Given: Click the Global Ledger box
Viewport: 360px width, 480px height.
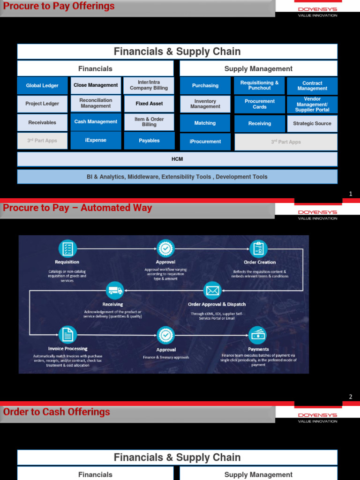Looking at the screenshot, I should pos(42,86).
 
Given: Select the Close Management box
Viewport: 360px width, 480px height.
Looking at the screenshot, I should pos(96,85).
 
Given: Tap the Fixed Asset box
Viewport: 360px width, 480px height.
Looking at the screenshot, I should pos(149,104).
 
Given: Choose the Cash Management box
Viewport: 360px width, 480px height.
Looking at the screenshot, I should pos(96,122).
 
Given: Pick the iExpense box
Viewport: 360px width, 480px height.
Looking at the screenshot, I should pos(96,140).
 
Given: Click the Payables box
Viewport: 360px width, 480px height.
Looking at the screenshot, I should pos(149,141).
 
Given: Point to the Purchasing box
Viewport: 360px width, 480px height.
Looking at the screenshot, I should pos(205,86).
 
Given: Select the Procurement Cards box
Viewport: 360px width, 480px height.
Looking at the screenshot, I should pos(260,104).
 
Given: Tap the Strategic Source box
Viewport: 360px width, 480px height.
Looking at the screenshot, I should pos(312,124).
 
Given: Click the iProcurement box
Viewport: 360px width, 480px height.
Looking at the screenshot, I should pos(205,142).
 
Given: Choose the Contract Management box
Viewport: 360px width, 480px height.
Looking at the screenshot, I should pos(312,86).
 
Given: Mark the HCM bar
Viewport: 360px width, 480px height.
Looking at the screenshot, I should pos(177,159).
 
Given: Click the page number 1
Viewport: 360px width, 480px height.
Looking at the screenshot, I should pos(351,194).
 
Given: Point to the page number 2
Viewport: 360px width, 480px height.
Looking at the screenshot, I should pos(351,397).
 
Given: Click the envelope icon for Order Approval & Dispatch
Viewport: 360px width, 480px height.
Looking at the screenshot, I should pos(212,291).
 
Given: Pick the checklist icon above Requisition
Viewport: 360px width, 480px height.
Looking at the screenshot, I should pos(67,248).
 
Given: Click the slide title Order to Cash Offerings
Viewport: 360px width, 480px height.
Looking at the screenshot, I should pos(57,412).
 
